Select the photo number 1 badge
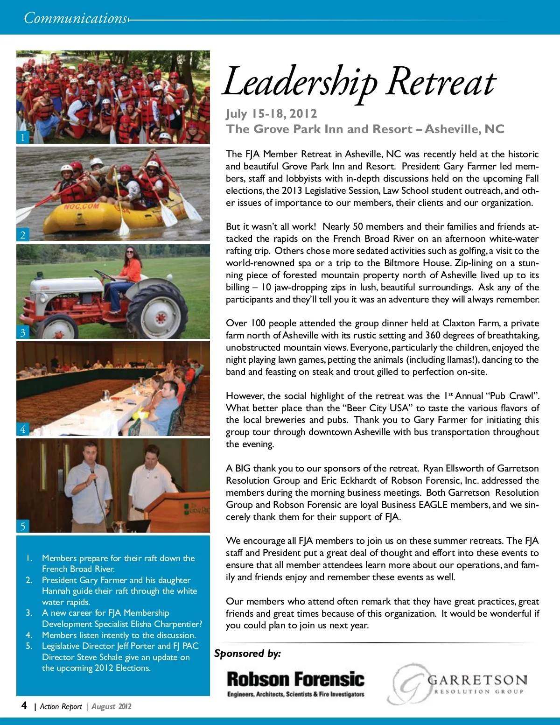pyautogui.click(x=22, y=137)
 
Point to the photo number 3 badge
pyautogui.click(x=22, y=332)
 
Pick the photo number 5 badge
pyautogui.click(x=22, y=526)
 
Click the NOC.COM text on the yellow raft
pyautogui.click(x=82, y=207)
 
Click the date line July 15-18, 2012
pyautogui.click(x=272, y=113)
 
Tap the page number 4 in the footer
pyautogui.click(x=24, y=705)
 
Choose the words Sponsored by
pyautogui.click(x=247, y=653)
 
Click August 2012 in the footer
pyautogui.click(x=112, y=706)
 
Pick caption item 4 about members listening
pyautogui.click(x=119, y=635)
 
